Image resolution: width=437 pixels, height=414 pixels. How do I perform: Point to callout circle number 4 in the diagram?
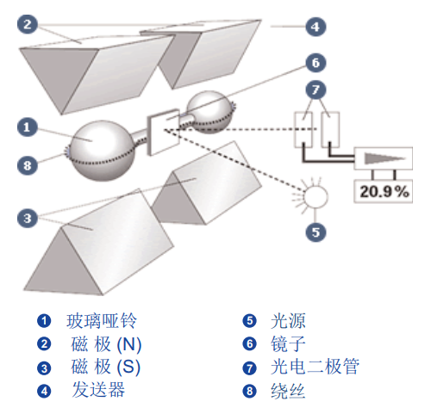pyautogui.click(x=315, y=27)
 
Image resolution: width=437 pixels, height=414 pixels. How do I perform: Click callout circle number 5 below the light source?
pyautogui.click(x=316, y=231)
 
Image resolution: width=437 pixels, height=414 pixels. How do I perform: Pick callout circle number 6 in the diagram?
pyautogui.click(x=315, y=63)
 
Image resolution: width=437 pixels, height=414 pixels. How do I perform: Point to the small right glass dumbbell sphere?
pyautogui.click(x=210, y=109)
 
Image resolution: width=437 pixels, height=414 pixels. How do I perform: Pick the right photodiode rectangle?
pyautogui.click(x=331, y=127)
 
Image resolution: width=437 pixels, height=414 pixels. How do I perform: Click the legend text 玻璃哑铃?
pyautogui.click(x=102, y=322)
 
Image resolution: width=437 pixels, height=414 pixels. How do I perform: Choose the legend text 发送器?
pyautogui.click(x=97, y=391)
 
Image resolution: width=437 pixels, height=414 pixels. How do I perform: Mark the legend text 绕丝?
pyautogui.click(x=294, y=391)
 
